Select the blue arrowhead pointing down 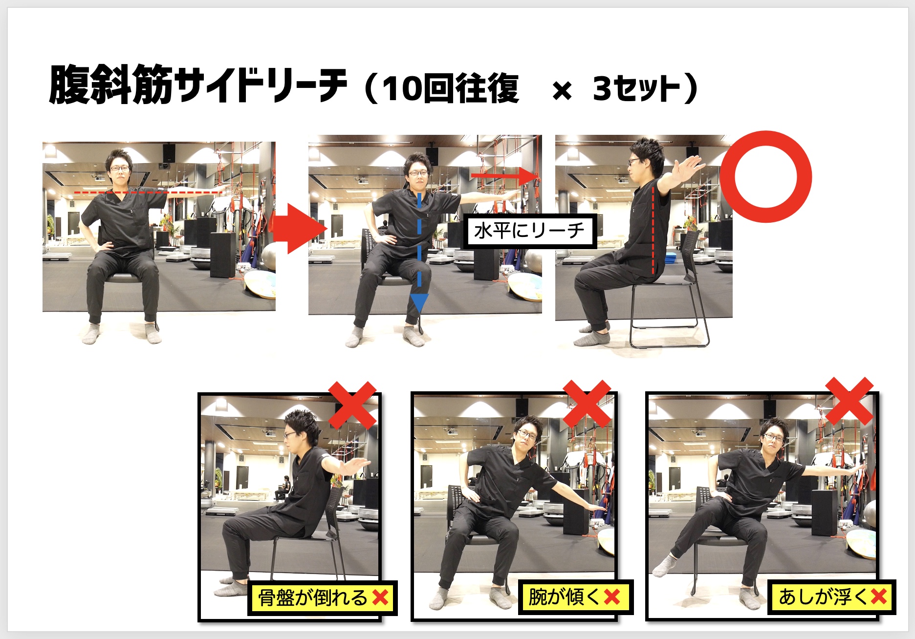(419, 303)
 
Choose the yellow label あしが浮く (832, 596)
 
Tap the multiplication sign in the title (562, 91)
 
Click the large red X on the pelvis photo (352, 405)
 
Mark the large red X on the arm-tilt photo (587, 404)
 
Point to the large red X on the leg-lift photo (850, 401)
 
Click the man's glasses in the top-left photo (120, 169)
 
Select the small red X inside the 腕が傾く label (612, 596)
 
